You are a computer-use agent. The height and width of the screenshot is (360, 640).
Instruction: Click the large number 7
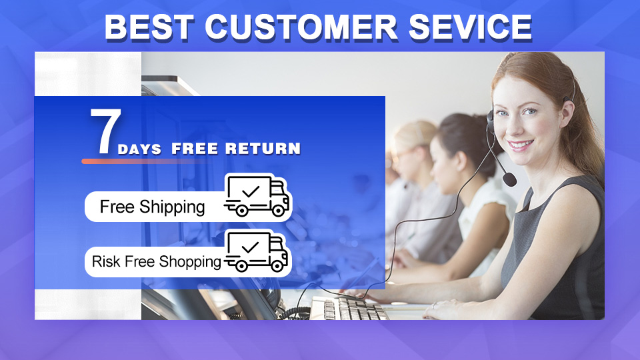(105, 131)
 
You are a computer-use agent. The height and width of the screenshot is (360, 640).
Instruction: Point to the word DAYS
(139, 149)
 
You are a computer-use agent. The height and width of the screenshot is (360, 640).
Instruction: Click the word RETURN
(263, 149)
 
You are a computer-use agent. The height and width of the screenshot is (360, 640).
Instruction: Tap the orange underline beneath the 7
(143, 161)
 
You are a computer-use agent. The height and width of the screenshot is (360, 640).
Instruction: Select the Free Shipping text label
(152, 207)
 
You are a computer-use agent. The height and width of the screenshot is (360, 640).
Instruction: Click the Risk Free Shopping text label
(156, 261)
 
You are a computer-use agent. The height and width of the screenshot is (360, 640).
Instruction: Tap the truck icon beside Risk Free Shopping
(256, 251)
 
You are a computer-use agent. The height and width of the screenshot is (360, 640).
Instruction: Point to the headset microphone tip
(509, 179)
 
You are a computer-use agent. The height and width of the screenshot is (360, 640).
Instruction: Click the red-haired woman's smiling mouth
(520, 145)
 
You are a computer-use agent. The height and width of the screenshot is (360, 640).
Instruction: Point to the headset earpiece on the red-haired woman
(490, 121)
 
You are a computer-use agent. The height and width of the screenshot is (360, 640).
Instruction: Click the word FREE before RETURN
(195, 149)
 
